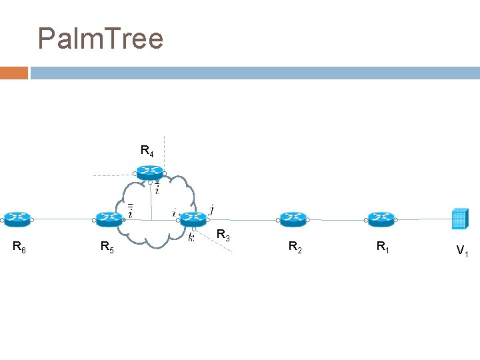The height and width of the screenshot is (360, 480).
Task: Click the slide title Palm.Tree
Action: point(101,39)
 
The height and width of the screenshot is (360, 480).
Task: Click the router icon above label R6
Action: point(16,217)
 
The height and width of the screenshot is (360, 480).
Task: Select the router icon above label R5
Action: point(107,218)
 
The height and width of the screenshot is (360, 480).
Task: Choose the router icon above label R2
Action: point(291,218)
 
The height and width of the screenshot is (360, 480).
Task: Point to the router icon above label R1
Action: point(381,218)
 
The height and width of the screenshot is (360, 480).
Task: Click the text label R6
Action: point(20,247)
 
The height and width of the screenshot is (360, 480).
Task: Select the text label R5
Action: point(107,248)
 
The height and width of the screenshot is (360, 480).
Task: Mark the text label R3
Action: point(223,236)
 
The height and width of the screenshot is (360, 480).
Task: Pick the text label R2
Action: point(295,247)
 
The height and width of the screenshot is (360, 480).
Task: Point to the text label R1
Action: point(383,247)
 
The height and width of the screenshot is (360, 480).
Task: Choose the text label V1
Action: point(462,251)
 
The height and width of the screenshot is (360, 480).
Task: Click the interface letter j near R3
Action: point(211,209)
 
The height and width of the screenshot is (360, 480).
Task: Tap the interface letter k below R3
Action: point(191,237)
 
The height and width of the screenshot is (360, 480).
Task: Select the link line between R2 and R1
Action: point(336,219)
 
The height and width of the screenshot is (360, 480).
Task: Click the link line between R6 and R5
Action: point(61,218)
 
